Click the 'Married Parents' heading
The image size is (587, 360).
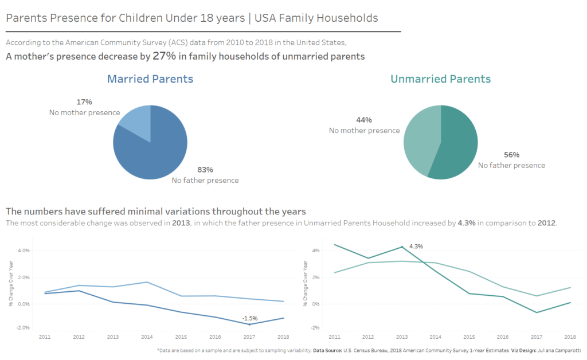click(x=150, y=79)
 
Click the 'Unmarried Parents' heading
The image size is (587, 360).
click(x=440, y=79)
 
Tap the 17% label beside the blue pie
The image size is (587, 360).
click(x=84, y=102)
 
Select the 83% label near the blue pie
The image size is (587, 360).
click(x=205, y=170)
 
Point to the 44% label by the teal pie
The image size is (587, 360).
click(x=364, y=120)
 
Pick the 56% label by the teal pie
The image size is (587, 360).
click(x=511, y=155)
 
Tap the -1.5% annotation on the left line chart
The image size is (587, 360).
click(x=249, y=318)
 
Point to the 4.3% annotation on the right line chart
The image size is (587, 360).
click(x=416, y=246)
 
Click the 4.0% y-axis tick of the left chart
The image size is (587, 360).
click(x=24, y=251)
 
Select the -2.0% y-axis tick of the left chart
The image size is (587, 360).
click(x=24, y=328)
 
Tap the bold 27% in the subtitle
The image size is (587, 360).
click(x=164, y=56)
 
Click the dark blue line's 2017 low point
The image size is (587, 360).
click(x=249, y=324)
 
